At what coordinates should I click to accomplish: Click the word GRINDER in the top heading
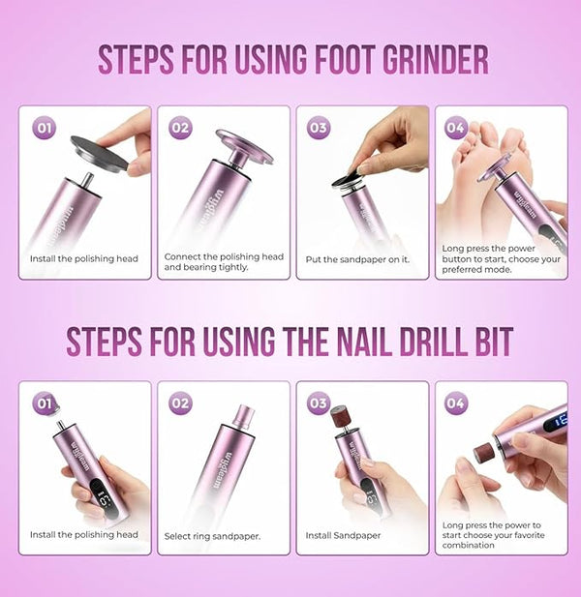[435, 59]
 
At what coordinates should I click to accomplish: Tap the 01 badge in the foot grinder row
[45, 128]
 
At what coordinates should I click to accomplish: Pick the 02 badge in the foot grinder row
[180, 128]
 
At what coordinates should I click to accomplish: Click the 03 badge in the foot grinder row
[319, 128]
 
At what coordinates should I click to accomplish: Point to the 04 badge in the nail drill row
[456, 403]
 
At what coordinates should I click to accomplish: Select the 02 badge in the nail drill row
[180, 403]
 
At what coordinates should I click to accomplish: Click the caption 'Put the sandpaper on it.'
[357, 259]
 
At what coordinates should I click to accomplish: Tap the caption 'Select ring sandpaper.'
[212, 536]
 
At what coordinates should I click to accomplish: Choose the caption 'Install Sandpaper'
[343, 535]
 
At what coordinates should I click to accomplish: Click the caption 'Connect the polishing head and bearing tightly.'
[224, 262]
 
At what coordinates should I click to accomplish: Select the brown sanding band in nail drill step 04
[482, 453]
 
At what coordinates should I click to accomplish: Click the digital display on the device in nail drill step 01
[103, 498]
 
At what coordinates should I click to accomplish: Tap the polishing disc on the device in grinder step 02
[245, 146]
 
